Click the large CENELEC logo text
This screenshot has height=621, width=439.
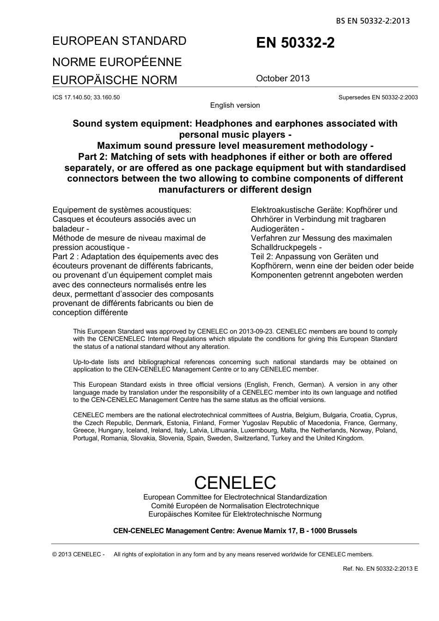click(x=235, y=482)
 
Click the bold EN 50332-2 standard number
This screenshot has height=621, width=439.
click(x=295, y=43)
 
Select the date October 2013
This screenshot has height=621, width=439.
click(x=283, y=79)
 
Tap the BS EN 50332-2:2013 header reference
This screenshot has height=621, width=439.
click(x=373, y=21)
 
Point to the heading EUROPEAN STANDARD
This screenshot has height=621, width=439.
click(x=120, y=41)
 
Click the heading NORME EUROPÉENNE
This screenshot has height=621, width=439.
click(x=117, y=62)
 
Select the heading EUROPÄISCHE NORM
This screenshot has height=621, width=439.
click(x=115, y=80)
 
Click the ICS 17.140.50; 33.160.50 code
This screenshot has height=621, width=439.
click(x=86, y=97)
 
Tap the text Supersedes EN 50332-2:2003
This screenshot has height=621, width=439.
click(x=378, y=97)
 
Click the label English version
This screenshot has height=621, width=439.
click(x=235, y=105)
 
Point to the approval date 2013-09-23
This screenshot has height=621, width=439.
click(x=257, y=331)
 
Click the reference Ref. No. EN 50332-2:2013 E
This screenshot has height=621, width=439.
click(x=380, y=568)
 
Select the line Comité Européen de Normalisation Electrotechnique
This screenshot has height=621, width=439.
click(x=235, y=505)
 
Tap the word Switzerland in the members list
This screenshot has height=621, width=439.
click(x=252, y=438)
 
